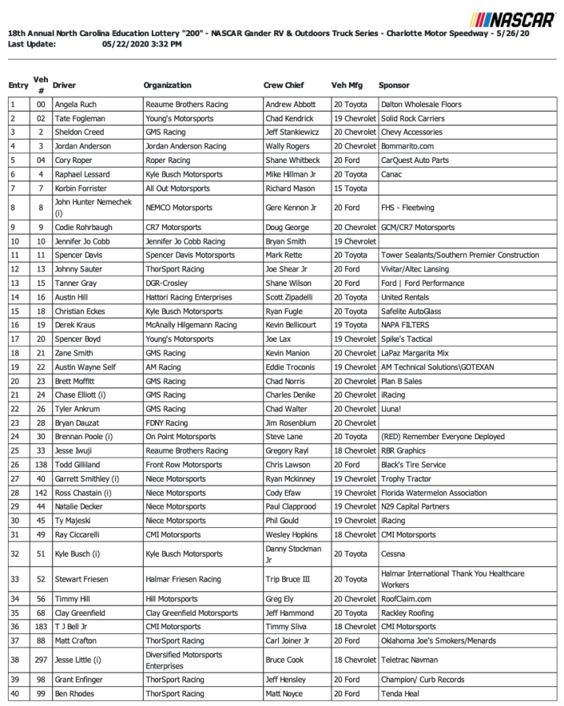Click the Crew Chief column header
point(283,85)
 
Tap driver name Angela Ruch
point(78,105)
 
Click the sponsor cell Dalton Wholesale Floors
point(420,105)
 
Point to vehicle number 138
point(40,465)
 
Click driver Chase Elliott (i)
point(83,395)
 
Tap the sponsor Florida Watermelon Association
point(433,493)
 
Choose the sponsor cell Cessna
point(394,553)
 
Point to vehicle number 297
point(40,660)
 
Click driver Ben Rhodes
point(76,694)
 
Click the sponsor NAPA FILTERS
point(404,325)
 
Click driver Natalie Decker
point(81,506)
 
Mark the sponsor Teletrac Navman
point(411,660)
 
